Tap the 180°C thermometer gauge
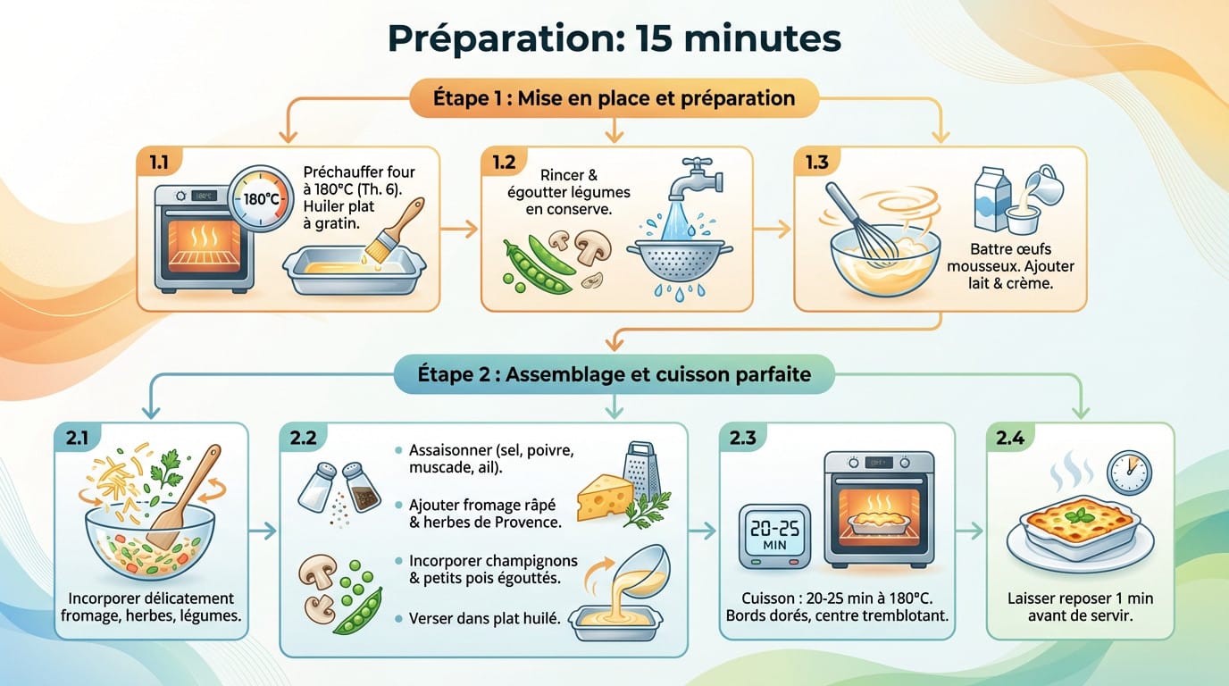(260, 199)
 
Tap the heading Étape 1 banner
(614, 97)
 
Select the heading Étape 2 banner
(614, 374)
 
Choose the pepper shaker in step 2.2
(364, 488)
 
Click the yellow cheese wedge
(604, 497)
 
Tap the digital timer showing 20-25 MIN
(774, 535)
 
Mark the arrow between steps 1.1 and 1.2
(460, 230)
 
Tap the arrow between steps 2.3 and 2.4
(969, 531)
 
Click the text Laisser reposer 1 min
(1080, 598)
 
